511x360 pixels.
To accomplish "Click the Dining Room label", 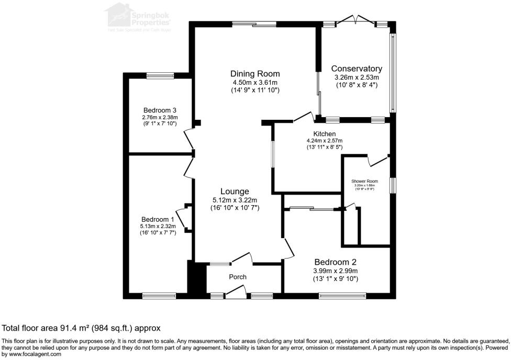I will click(x=255, y=74).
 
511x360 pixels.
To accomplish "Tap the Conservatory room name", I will click(x=357, y=69).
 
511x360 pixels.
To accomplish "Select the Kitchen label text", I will click(x=325, y=134).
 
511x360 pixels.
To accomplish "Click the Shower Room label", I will click(x=364, y=181).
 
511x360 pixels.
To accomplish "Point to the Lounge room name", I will click(x=234, y=192).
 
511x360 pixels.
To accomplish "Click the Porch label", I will click(x=238, y=277).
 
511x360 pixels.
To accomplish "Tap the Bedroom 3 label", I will click(x=160, y=110).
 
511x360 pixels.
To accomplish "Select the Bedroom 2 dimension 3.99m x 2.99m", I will click(x=335, y=271).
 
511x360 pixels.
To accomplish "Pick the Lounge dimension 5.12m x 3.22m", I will click(x=234, y=200).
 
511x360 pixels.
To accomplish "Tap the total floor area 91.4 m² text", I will click(x=81, y=328).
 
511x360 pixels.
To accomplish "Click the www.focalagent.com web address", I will click(x=32, y=354).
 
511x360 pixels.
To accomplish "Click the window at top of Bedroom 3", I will click(x=160, y=75).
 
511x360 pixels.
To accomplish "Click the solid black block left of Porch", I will click(x=197, y=279).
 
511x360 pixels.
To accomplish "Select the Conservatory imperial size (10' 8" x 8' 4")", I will click(x=356, y=85).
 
